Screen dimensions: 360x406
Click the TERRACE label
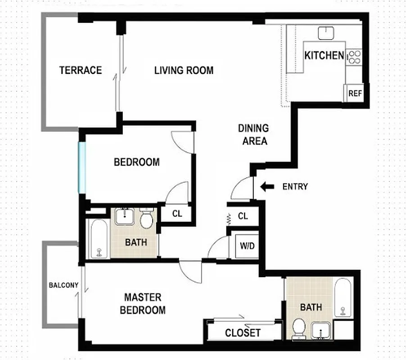81,70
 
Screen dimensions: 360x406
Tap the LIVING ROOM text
184,71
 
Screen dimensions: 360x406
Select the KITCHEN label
324,56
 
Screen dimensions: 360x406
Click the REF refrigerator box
355,94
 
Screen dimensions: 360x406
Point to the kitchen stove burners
355,56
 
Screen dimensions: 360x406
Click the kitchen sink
325,32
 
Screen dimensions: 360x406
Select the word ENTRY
295,186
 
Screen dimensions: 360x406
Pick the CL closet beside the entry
243,216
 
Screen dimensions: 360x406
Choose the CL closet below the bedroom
177,214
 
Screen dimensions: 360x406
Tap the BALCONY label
63,285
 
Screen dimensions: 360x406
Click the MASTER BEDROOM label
144,304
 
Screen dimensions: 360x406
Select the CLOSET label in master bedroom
243,333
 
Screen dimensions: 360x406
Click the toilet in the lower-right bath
298,328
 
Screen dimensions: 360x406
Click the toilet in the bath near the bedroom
146,219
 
